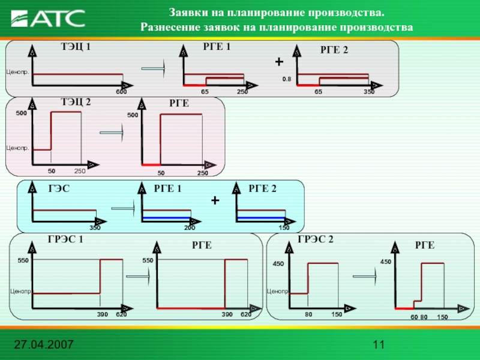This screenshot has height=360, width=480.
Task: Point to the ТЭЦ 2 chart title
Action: [76, 103]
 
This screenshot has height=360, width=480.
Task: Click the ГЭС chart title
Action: [59, 189]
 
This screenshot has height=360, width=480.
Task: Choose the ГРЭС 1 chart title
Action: [65, 240]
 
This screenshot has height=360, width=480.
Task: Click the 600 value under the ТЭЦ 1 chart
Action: [121, 92]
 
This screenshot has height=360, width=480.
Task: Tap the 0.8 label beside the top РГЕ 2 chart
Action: [287, 79]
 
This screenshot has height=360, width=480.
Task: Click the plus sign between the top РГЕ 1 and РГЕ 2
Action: [278, 62]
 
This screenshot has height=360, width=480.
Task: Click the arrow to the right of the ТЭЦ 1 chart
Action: [154, 70]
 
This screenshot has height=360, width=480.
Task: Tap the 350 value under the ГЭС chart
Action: [95, 227]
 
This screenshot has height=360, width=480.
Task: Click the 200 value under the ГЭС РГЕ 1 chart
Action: [190, 227]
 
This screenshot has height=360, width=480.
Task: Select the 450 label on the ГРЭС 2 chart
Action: [278, 264]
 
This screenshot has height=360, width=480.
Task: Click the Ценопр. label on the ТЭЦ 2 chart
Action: [17, 148]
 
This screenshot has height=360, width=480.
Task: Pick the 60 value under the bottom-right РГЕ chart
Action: [413, 316]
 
